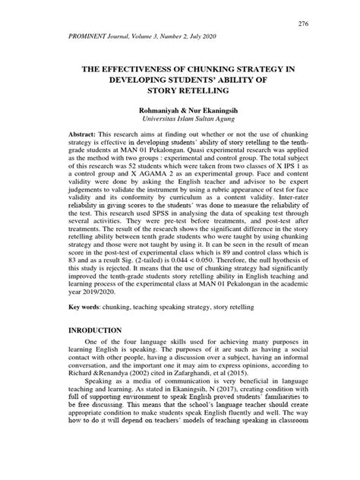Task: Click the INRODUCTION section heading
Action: pyautogui.click(x=95, y=331)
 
